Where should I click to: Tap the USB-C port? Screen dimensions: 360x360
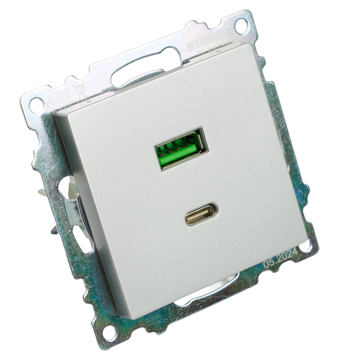202,215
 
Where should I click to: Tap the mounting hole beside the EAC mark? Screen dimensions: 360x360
36,105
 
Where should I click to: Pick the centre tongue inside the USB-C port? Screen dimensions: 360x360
202,215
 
